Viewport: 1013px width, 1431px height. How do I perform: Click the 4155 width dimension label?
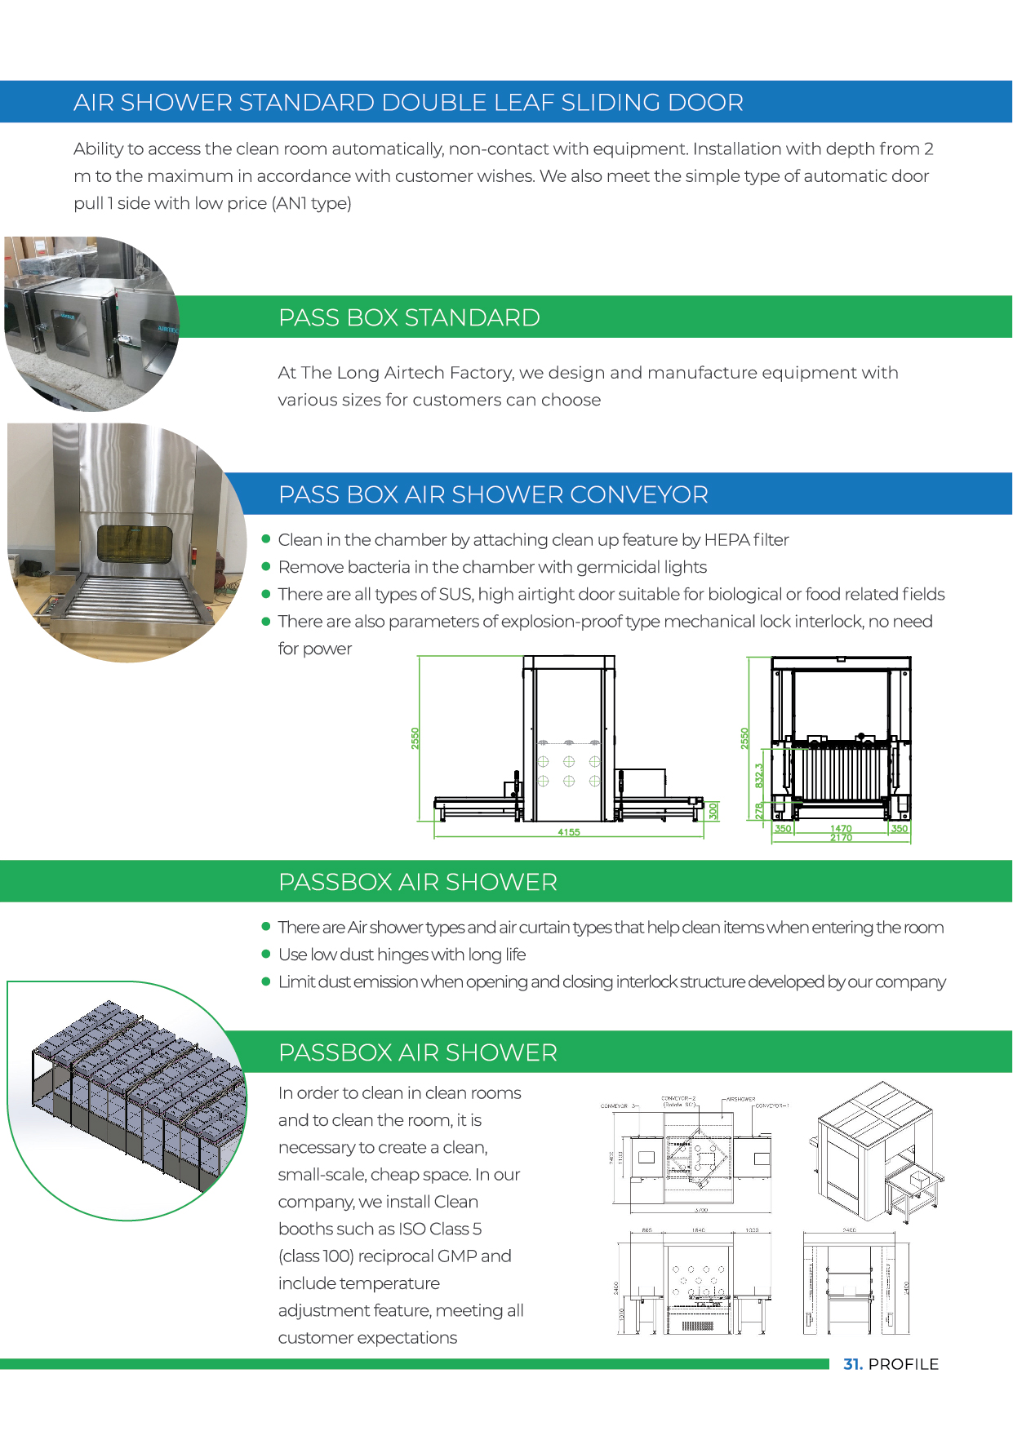pos(568,832)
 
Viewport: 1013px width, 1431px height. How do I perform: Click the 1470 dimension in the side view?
pos(841,828)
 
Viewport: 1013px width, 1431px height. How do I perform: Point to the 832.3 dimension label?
pos(758,775)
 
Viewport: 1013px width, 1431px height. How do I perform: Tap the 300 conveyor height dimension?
pos(713,811)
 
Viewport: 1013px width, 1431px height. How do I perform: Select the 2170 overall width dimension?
pos(841,838)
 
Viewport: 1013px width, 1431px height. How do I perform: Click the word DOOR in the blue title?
pos(704,103)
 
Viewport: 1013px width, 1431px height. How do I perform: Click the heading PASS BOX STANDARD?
pos(409,317)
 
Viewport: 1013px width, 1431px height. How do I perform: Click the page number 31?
pos(852,1364)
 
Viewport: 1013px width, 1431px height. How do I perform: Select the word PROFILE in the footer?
pos(904,1364)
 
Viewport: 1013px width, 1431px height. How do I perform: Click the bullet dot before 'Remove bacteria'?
pos(266,566)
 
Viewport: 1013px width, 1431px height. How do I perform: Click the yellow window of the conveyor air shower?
pos(136,543)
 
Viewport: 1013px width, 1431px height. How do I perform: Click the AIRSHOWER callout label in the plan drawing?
pos(740,1099)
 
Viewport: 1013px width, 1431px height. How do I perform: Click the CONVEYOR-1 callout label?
pos(771,1106)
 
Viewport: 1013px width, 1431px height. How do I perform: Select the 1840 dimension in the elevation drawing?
pos(698,1229)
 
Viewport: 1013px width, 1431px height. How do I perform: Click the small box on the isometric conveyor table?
pos(919,1179)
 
